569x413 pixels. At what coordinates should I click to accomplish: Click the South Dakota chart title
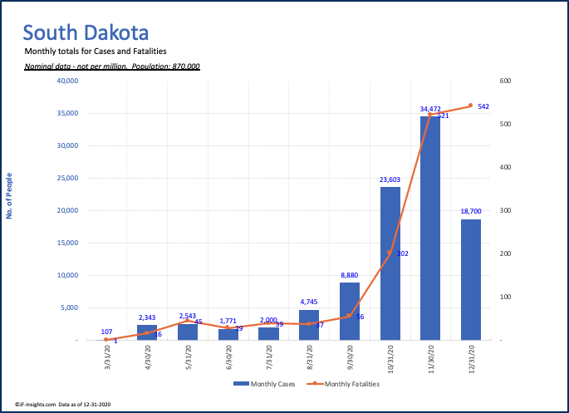click(86, 33)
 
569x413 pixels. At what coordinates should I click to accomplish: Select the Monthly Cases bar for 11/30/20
click(430, 229)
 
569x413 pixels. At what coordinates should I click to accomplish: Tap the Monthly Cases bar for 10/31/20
click(390, 263)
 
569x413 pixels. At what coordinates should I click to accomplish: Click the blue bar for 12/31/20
click(471, 279)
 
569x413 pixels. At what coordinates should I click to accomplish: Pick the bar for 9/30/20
click(350, 311)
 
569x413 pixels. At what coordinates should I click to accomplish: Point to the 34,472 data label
click(430, 109)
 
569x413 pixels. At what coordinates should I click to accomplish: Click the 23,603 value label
click(390, 179)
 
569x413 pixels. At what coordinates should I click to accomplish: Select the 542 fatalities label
click(483, 106)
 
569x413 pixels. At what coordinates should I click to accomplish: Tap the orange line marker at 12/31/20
click(470, 106)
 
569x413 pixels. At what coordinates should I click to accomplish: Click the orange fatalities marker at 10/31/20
click(390, 253)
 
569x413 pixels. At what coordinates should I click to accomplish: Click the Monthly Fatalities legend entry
click(343, 384)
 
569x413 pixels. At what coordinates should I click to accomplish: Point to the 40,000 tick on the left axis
click(67, 81)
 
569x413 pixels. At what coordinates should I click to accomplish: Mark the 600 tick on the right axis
click(505, 81)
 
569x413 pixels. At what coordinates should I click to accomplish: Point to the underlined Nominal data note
click(112, 66)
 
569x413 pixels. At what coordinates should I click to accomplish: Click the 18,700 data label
click(471, 212)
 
